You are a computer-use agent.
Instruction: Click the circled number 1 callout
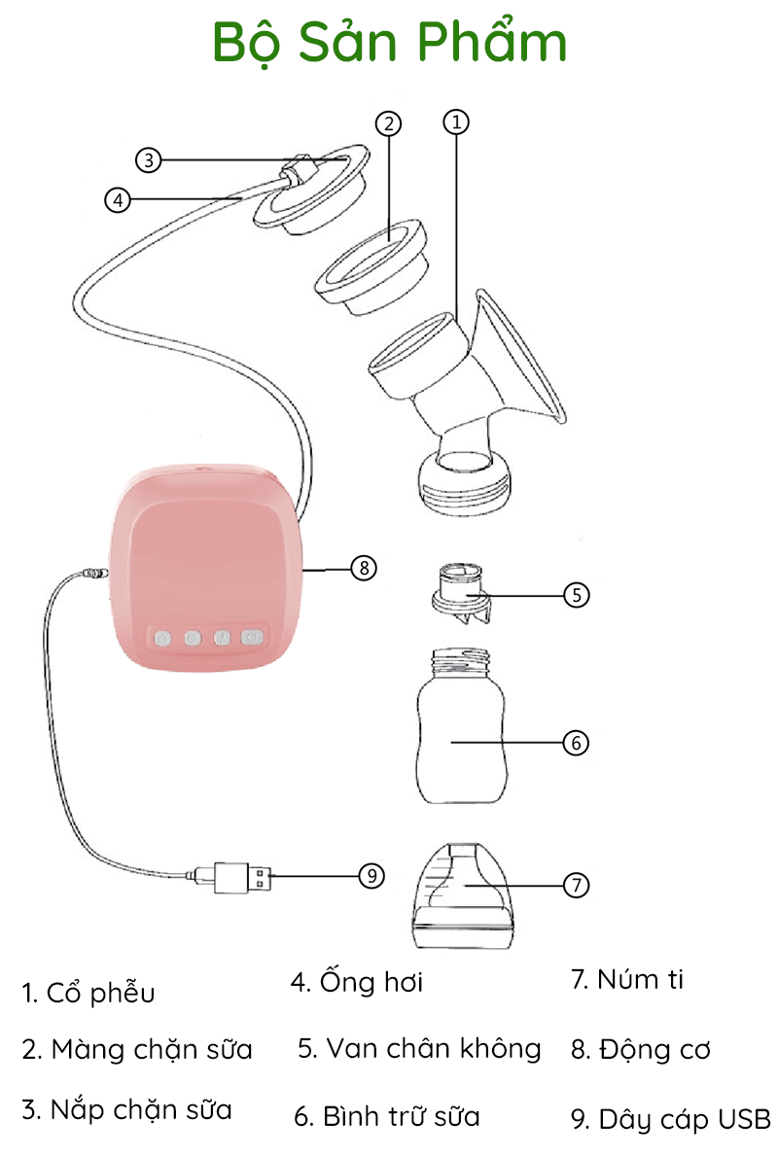[x=456, y=122]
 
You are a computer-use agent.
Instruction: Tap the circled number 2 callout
[x=389, y=123]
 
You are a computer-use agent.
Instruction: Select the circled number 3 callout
[x=148, y=159]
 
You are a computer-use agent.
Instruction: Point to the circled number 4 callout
[x=118, y=199]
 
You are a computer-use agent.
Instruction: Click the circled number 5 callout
[x=576, y=595]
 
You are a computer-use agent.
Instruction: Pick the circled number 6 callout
[x=576, y=743]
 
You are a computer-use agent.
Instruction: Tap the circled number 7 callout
[x=576, y=885]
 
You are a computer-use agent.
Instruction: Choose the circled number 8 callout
[x=363, y=568]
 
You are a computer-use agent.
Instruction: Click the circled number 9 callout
[x=371, y=876]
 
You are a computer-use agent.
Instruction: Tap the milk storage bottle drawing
[x=461, y=725]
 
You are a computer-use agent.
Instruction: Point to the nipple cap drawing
[x=462, y=895]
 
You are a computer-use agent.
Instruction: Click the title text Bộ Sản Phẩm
[x=389, y=43]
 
